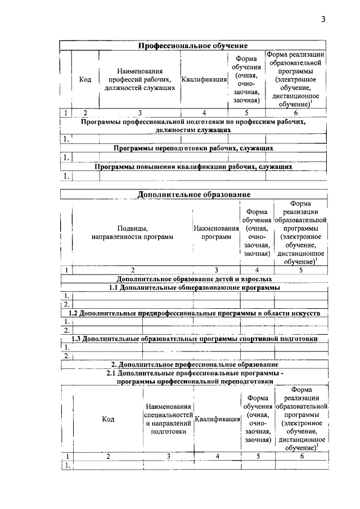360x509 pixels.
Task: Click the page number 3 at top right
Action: [323, 20]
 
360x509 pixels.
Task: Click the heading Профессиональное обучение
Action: [193, 45]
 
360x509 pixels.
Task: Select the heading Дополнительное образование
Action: [193, 195]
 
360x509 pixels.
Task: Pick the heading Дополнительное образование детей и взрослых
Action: [193, 278]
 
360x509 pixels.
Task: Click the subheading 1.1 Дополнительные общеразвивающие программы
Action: [193, 288]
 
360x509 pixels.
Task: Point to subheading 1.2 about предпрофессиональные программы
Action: [193, 313]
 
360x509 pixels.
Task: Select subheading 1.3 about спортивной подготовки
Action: [193, 339]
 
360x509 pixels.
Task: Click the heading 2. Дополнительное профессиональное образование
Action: [193, 364]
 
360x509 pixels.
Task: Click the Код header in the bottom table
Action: [108, 419]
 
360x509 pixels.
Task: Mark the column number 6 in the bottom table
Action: [301, 456]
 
